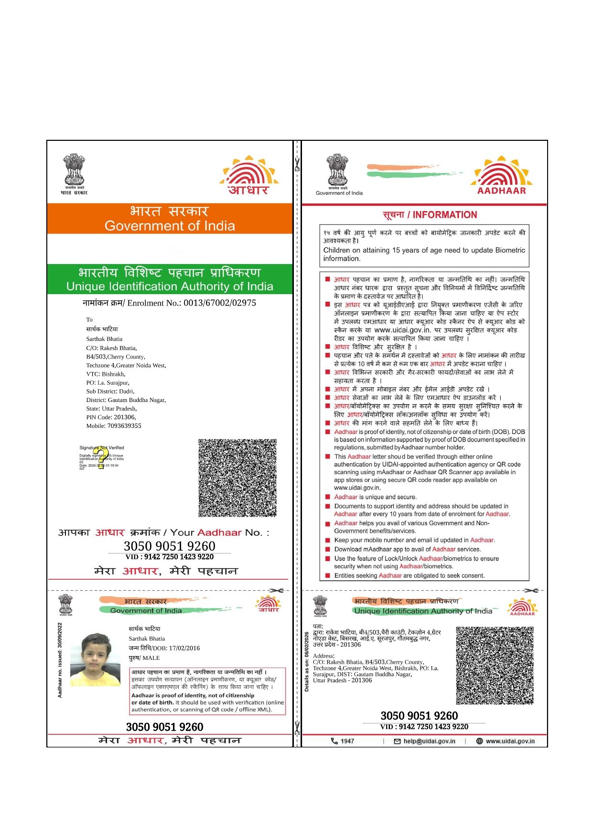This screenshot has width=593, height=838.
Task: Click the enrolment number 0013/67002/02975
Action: point(220,303)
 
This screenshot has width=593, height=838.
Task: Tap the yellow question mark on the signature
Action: point(100,457)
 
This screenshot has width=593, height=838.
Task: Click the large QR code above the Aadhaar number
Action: point(237,478)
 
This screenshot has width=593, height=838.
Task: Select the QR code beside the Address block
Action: point(495,666)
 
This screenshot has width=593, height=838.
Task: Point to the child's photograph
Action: point(95,659)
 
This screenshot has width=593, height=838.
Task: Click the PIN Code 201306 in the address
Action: point(124,417)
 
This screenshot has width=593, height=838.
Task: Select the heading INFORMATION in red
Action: point(445,215)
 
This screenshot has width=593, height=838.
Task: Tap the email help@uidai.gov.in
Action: point(429,741)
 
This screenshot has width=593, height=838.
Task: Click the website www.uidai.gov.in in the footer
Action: point(510,741)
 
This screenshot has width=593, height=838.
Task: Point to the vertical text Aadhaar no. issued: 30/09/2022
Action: point(60,660)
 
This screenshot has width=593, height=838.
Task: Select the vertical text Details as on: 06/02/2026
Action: point(307,661)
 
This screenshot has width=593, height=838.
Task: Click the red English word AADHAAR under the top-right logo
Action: point(501,191)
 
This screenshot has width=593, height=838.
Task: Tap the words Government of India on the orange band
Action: point(170,226)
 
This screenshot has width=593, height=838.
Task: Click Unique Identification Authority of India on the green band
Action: point(170,286)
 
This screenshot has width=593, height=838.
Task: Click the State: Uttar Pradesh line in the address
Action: point(111,409)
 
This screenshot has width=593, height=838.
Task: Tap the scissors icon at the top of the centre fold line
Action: point(297,166)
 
